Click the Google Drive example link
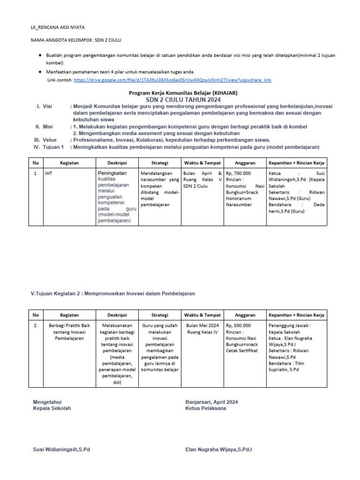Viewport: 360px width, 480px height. [172, 80]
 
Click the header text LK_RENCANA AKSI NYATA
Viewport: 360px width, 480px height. [57, 28]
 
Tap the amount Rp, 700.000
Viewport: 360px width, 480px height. [239, 173]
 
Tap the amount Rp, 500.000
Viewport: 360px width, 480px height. [239, 325]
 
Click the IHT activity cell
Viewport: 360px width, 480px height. [48, 173]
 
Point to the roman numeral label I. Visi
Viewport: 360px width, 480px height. [44, 107]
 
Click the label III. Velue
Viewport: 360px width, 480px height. [45, 140]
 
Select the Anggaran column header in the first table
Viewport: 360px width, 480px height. [245, 163]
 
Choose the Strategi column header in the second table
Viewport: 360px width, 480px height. [160, 315]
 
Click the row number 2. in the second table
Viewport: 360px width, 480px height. [36, 325]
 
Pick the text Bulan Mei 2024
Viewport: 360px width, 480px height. [202, 325]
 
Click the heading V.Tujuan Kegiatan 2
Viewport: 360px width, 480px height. [112, 293]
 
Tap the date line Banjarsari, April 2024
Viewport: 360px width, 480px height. [212, 402]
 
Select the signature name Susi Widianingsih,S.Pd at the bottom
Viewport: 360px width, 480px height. [61, 450]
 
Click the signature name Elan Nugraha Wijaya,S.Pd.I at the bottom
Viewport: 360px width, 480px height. [219, 450]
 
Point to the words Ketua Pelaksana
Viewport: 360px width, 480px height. [206, 408]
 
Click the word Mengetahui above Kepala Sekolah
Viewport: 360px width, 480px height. [47, 402]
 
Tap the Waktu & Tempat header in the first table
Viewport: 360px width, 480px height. [202, 163]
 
